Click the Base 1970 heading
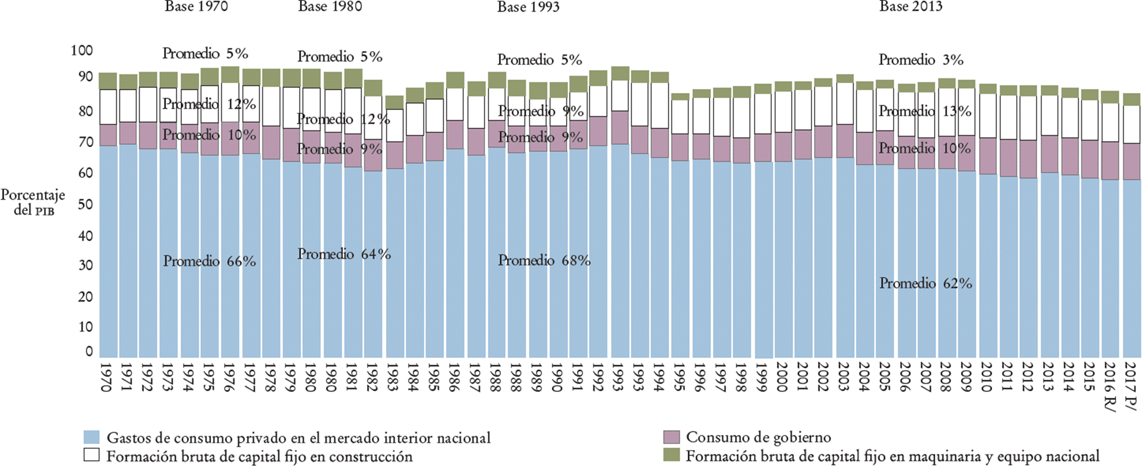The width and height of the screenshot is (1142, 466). pyautogui.click(x=196, y=7)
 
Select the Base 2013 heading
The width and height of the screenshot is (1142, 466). pyautogui.click(x=911, y=7)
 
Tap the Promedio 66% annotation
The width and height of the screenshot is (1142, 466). pyautogui.click(x=209, y=261)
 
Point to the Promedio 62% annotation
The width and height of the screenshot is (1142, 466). pyautogui.click(x=925, y=284)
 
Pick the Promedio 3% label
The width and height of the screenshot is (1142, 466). pyautogui.click(x=921, y=60)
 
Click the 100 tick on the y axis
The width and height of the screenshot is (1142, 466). pyautogui.click(x=82, y=51)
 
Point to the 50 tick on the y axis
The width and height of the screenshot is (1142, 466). pyautogui.click(x=85, y=204)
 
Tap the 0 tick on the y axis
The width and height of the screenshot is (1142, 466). pyautogui.click(x=89, y=351)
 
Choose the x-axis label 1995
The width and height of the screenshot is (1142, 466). pyautogui.click(x=679, y=378)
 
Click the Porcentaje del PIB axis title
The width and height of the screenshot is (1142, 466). pyautogui.click(x=33, y=203)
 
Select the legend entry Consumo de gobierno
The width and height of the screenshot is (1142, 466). pyautogui.click(x=758, y=437)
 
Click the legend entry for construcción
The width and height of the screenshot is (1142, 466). pyautogui.click(x=259, y=457)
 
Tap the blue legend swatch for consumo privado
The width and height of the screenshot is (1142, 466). pyautogui.click(x=92, y=437)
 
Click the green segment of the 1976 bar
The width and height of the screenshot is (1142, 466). pyautogui.click(x=230, y=74)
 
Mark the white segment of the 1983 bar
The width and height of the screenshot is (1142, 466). pyautogui.click(x=394, y=125)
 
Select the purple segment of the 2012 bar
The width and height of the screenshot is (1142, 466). pyautogui.click(x=1027, y=159)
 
